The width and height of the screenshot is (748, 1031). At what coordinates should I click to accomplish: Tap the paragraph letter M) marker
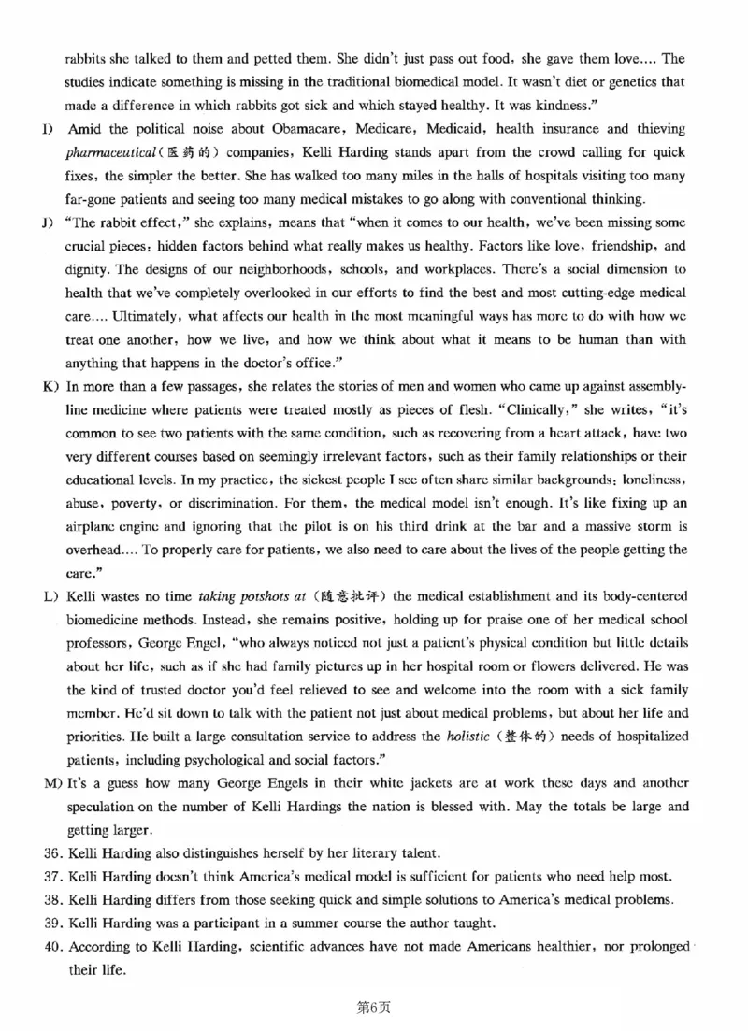pos(51,783)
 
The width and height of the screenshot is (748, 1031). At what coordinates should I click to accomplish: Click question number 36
pos(52,853)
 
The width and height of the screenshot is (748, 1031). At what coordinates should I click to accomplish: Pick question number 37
pos(52,877)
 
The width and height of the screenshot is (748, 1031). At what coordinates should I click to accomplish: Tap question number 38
pos(52,900)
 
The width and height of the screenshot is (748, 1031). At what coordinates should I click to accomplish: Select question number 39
pos(52,924)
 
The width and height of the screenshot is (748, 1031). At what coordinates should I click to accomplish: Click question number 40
pos(52,947)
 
